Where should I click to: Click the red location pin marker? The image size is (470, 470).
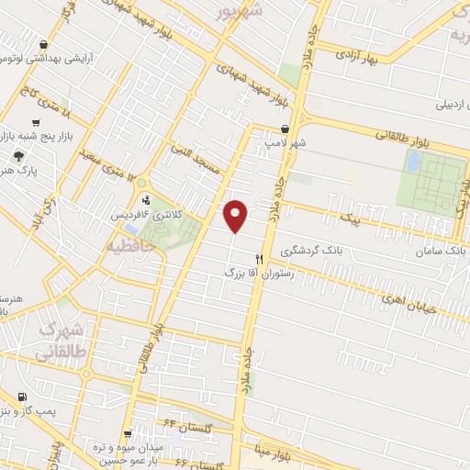coord(236,216)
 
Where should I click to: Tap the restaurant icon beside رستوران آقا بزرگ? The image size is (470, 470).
coord(259,259)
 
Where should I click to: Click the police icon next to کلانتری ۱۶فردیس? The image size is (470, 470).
coord(145,199)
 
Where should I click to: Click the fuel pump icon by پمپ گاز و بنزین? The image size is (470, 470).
coord(21,397)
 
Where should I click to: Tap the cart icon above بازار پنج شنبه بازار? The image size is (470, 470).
coord(36,122)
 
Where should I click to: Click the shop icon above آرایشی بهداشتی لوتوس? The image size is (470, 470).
coord(43,44)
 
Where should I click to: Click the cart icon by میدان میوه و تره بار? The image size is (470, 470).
coord(129,433)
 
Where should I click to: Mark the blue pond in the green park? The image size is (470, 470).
coord(414,162)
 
